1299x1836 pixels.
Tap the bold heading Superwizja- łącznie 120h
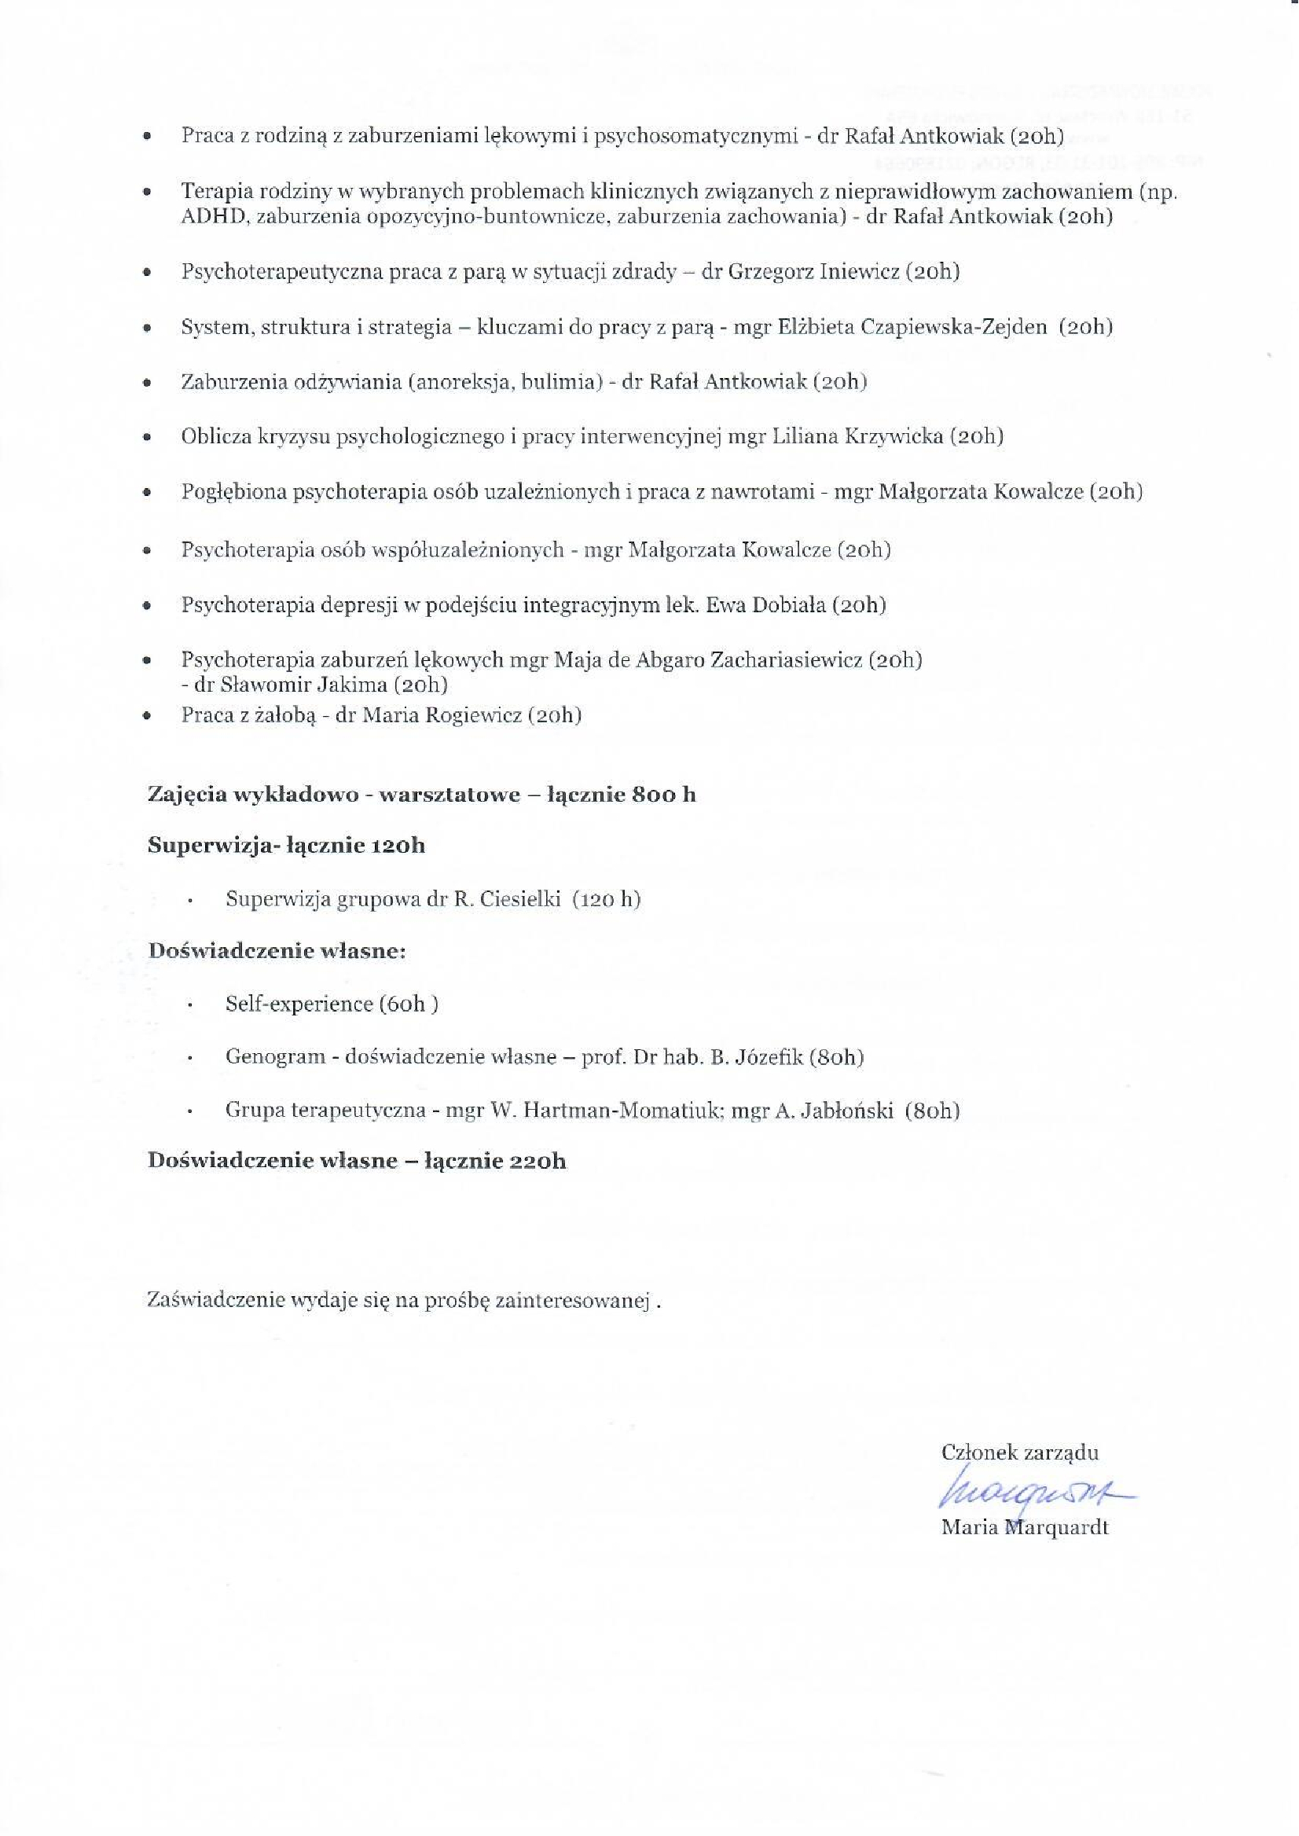(x=286, y=846)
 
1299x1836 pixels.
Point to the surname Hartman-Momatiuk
(x=605, y=1111)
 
